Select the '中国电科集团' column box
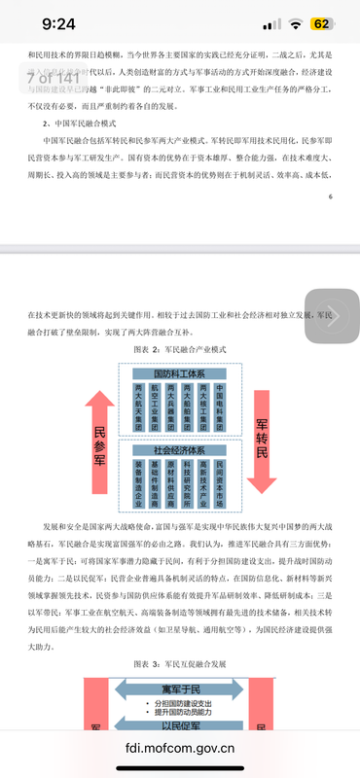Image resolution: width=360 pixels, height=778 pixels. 219,407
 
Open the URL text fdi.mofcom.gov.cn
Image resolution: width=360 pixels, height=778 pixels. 180,750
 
